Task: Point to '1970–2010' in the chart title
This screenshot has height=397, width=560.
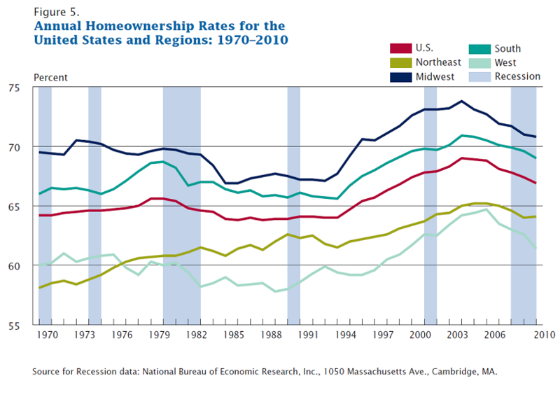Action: pyautogui.click(x=250, y=39)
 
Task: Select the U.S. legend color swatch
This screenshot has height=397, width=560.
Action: pyautogui.click(x=400, y=48)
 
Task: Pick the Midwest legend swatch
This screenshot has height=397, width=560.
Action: pyautogui.click(x=400, y=76)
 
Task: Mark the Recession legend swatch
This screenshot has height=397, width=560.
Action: pyautogui.click(x=481, y=76)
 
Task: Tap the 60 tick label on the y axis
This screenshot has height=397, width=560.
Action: pyautogui.click(x=27, y=266)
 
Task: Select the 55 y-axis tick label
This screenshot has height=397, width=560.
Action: pyautogui.click(x=27, y=325)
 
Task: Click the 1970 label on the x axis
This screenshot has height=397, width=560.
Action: pyautogui.click(x=45, y=336)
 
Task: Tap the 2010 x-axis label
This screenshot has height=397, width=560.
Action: pyautogui.click(x=535, y=336)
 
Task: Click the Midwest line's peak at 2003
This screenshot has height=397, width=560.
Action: pyautogui.click(x=461, y=101)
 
